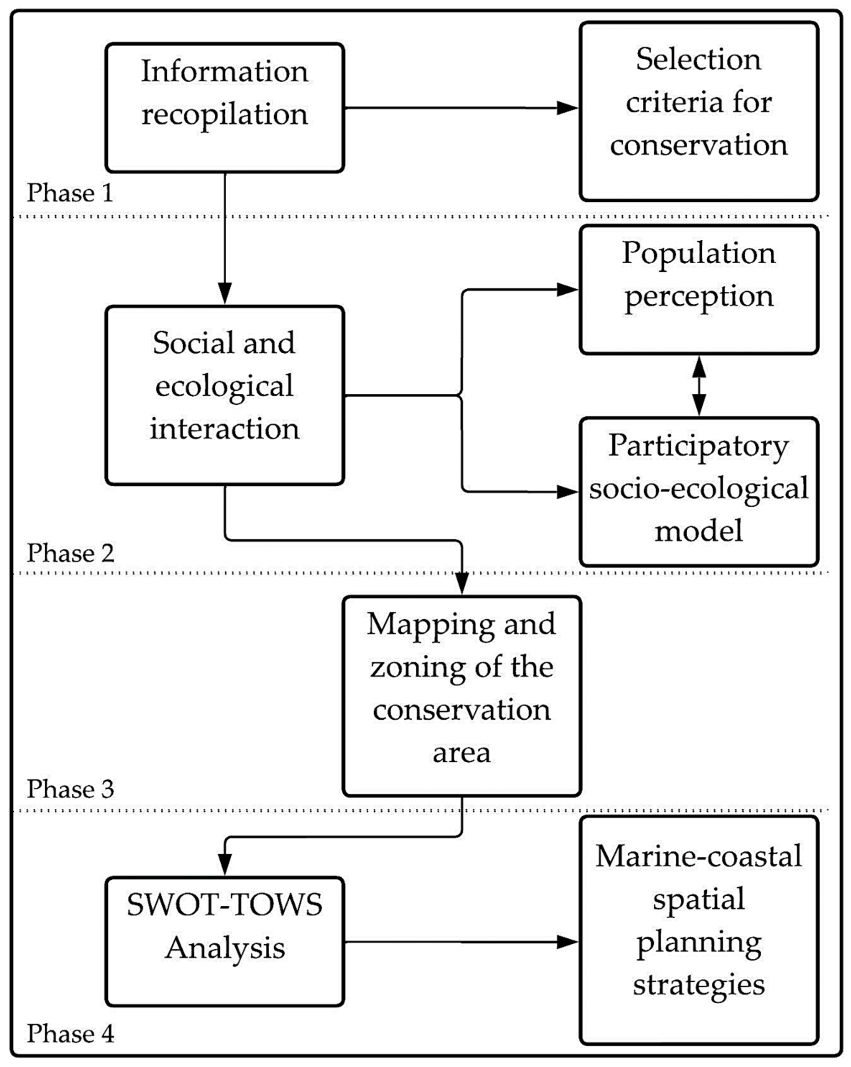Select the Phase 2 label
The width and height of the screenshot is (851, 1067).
70,553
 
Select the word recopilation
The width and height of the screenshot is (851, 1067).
225,114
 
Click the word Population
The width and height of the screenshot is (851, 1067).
699,253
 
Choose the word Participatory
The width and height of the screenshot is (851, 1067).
699,446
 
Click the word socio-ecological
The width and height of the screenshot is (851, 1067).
699,489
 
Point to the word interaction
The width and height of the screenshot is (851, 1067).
225,429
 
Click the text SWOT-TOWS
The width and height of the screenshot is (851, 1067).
225,905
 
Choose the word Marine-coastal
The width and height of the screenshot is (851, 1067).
699,856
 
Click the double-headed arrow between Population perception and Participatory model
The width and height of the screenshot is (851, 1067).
699,385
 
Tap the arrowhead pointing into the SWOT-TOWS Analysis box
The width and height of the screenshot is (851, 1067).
225,864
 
